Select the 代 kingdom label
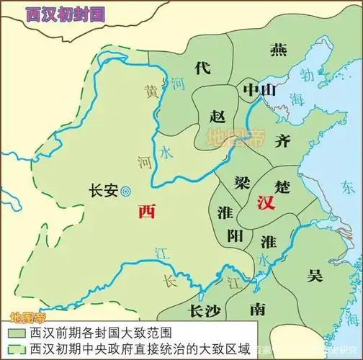202,67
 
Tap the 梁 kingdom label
241,181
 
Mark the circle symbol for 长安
126,192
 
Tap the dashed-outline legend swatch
15,349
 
